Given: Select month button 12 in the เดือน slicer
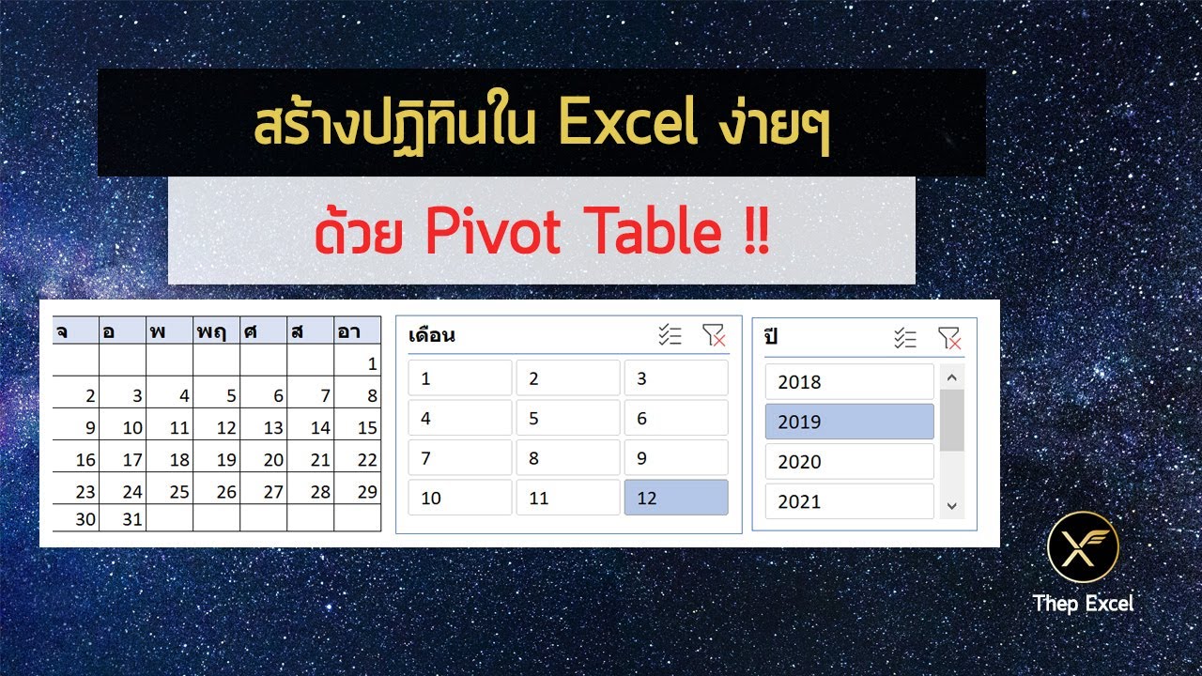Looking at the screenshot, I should [x=675, y=498].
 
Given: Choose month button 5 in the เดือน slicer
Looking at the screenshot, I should [x=567, y=418].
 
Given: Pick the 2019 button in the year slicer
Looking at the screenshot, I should [x=849, y=422].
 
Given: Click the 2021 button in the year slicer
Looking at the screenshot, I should [x=849, y=501].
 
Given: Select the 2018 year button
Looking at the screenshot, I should [x=849, y=382].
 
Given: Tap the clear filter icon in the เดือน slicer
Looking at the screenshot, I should [x=714, y=336].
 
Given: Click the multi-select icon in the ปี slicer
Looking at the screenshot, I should [x=904, y=338].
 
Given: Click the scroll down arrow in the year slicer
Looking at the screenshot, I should [x=951, y=505].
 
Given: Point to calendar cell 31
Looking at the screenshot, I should [x=123, y=518].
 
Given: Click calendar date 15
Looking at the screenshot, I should [x=358, y=428].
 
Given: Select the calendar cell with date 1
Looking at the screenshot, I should [x=358, y=364].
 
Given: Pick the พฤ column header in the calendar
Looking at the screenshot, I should [x=217, y=330].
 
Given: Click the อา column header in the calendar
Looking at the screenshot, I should [x=358, y=330].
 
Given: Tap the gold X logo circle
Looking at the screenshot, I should [x=1083, y=547].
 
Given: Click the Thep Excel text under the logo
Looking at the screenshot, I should [x=1083, y=603].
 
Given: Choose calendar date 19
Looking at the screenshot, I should [x=217, y=460].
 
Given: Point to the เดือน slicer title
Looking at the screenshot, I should [x=432, y=336].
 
